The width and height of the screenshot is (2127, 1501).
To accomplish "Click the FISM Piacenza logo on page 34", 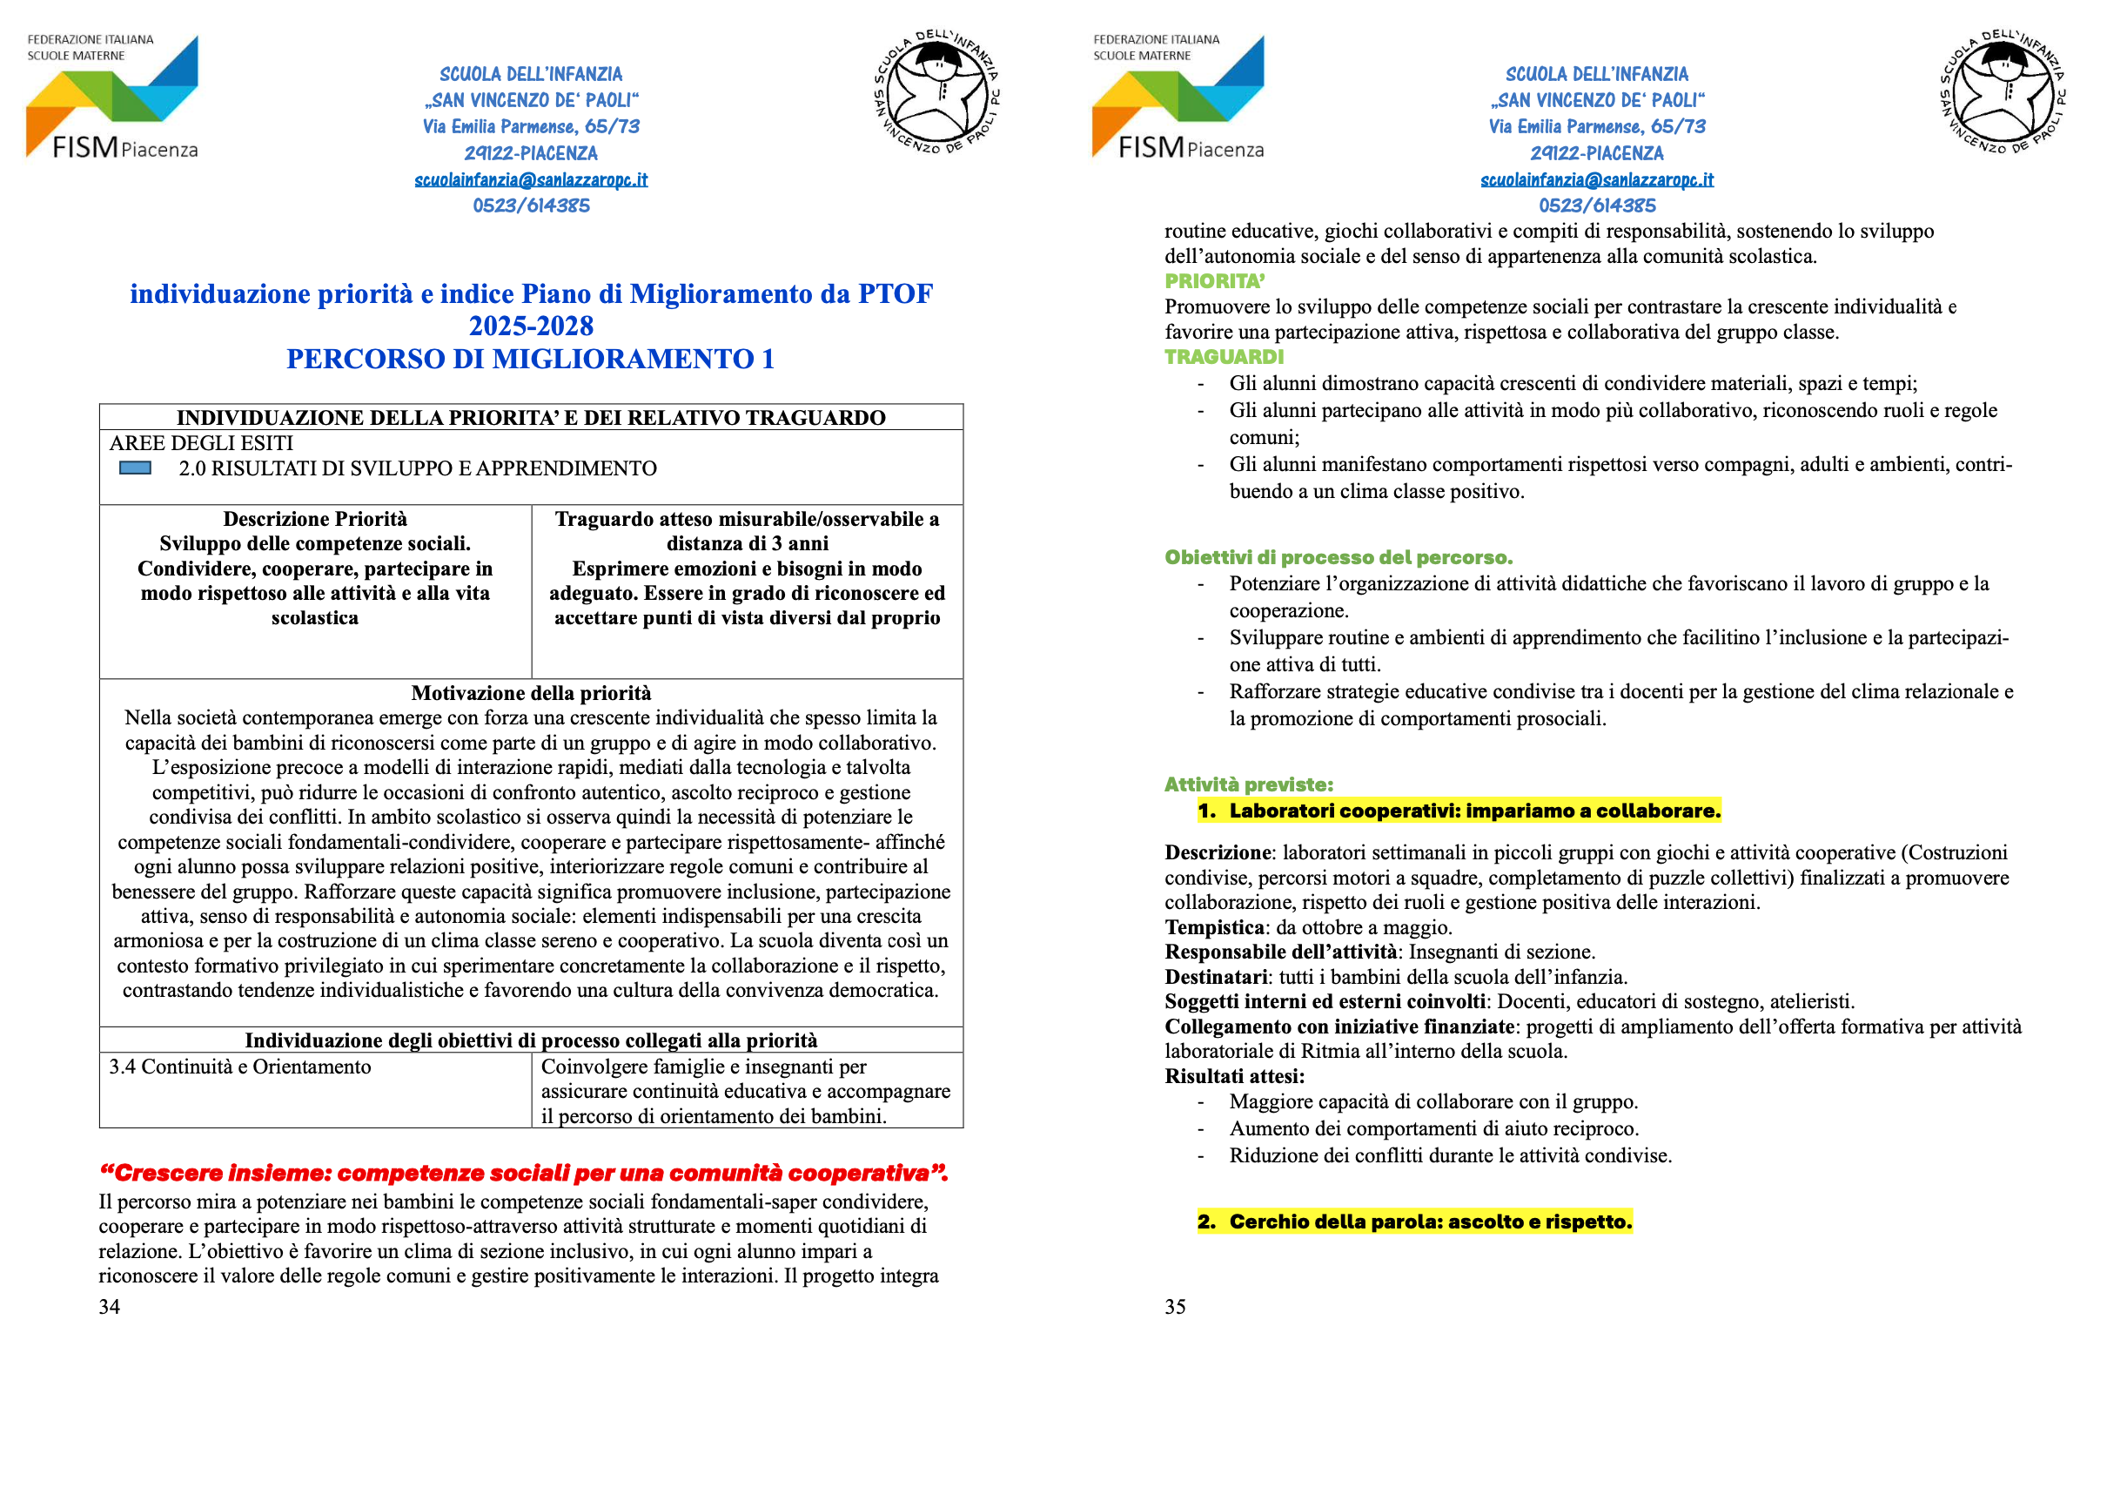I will point(112,98).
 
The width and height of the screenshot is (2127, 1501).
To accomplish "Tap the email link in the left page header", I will point(531,179).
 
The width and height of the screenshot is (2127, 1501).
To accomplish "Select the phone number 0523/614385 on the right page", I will point(1596,205).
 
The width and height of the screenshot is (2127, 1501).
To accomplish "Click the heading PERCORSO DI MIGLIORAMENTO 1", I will point(530,359).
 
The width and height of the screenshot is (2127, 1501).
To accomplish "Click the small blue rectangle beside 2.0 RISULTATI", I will point(135,468).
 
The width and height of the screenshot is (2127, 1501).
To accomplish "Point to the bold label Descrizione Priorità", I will point(315,519).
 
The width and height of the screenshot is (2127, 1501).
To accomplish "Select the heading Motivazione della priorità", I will point(531,693).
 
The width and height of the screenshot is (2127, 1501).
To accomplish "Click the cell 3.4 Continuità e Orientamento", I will point(240,1067).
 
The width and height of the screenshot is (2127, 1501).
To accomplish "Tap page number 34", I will point(110,1307).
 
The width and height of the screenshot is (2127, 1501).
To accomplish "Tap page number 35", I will point(1175,1307).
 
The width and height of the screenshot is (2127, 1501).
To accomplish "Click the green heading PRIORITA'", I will point(1215,280).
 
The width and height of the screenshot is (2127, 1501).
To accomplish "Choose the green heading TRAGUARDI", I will point(1224,357).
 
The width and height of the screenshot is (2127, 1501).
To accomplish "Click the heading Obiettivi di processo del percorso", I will point(1338,557).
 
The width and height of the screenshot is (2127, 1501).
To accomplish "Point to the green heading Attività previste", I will point(1248,784).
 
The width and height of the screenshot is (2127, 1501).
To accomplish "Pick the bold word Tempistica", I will point(1213,927).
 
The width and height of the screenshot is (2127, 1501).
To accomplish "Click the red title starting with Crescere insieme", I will point(523,1173).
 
